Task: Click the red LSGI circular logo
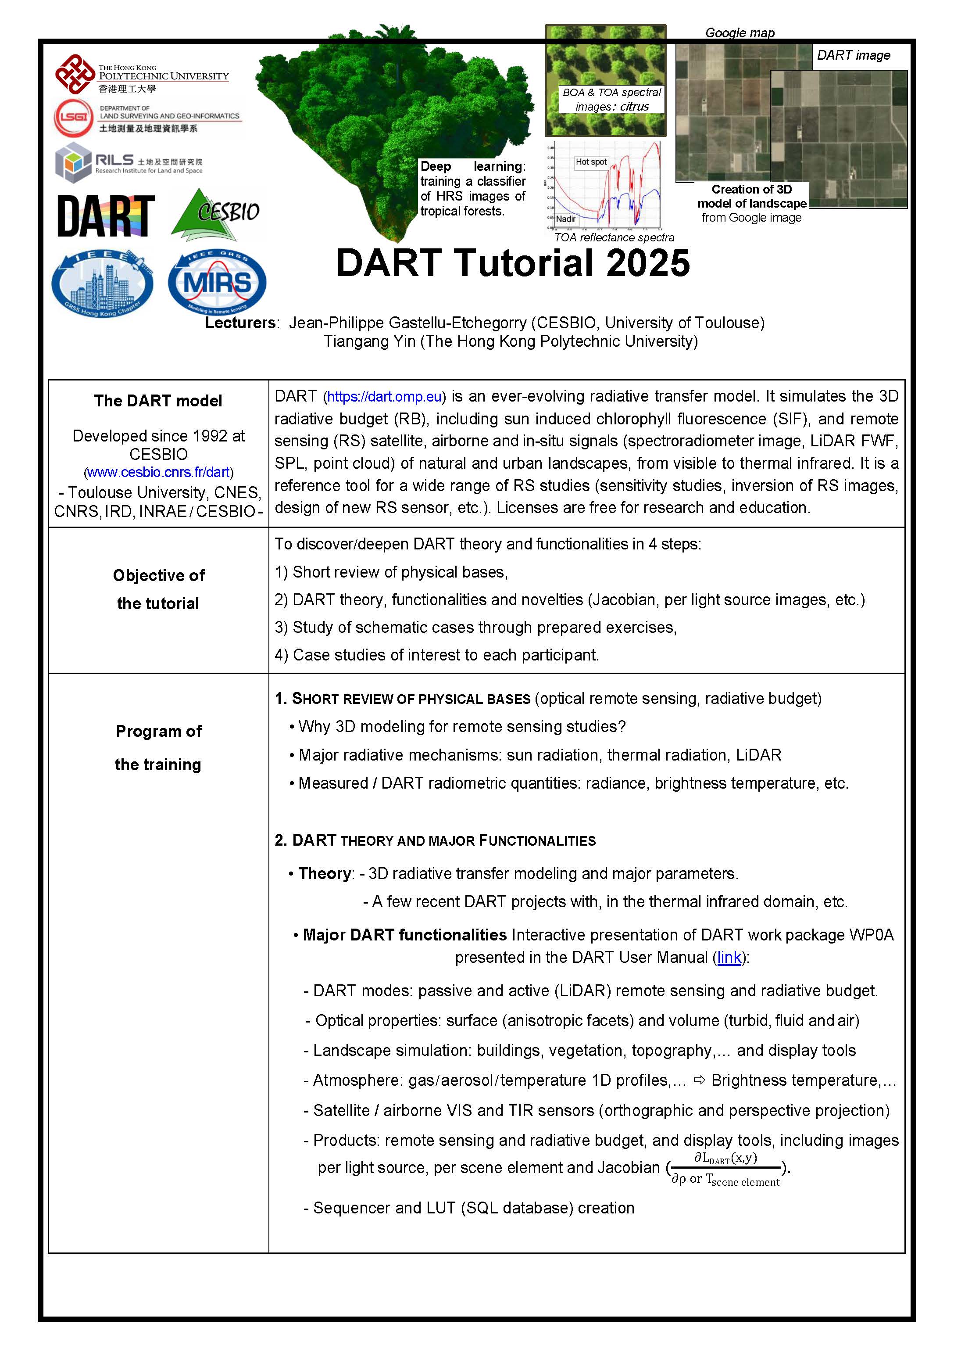[x=73, y=118]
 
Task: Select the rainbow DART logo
[x=106, y=215]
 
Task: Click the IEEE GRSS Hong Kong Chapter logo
[x=103, y=283]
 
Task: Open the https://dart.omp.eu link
[x=384, y=396]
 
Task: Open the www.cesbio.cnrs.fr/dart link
[x=158, y=472]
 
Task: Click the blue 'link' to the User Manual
[x=729, y=957]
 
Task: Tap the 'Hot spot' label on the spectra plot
[x=591, y=161]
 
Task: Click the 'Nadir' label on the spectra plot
[x=565, y=219]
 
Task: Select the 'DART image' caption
[x=853, y=55]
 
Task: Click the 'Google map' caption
[x=740, y=32]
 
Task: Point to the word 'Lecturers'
[x=240, y=323]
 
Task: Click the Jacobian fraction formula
[x=725, y=1169]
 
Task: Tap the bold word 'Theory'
[x=325, y=873]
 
